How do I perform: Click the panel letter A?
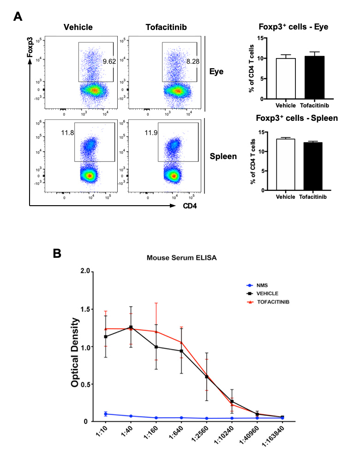18,17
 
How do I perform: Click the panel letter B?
58,253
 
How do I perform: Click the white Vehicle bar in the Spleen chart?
285,164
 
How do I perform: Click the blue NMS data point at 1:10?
106,414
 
